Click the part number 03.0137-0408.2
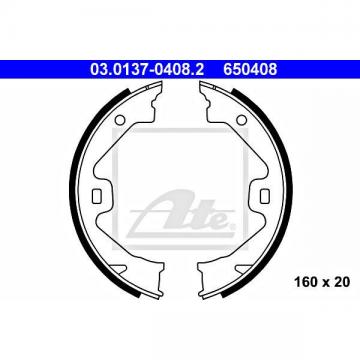coord(147,69)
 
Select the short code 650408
coord(250,69)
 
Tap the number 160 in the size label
coord(305,282)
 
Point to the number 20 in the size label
coord(342,282)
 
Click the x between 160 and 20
coord(325,283)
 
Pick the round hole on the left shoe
coord(119,119)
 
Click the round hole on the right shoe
coord(242,119)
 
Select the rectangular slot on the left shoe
coord(97,195)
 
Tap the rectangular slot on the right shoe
coord(265,195)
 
